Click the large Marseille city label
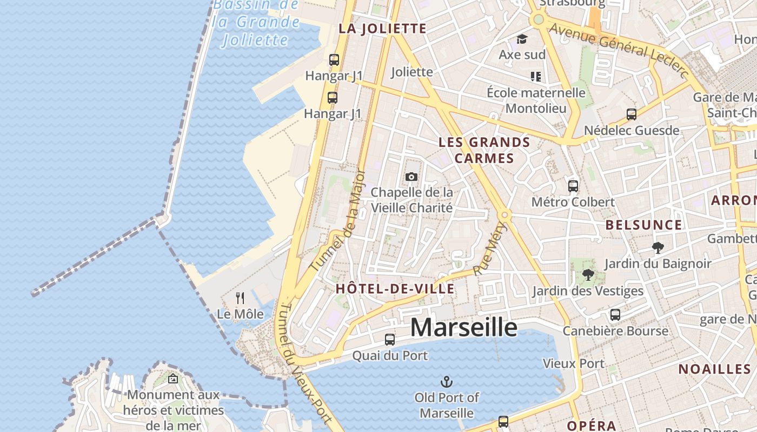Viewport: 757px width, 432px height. point(463,327)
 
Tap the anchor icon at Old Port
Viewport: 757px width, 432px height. point(446,382)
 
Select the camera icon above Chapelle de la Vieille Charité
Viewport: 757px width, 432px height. point(411,177)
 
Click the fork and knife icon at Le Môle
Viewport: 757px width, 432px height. point(240,298)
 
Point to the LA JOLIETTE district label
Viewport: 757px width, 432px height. point(382,29)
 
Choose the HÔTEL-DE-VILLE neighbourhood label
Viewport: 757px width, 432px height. point(395,288)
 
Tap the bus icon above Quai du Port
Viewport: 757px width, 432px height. point(390,340)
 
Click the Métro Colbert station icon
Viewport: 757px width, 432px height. point(573,186)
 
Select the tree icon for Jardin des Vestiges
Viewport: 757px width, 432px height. point(588,275)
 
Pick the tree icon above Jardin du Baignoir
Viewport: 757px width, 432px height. point(658,248)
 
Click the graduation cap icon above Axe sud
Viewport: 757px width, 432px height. point(522,39)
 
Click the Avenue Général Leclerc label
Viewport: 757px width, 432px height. point(619,50)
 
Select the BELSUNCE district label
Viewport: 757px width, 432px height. point(643,225)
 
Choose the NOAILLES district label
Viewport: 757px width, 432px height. point(714,369)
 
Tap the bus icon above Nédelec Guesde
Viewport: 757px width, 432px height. point(632,114)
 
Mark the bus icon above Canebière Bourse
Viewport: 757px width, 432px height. point(615,315)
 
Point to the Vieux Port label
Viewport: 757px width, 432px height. point(573,363)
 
